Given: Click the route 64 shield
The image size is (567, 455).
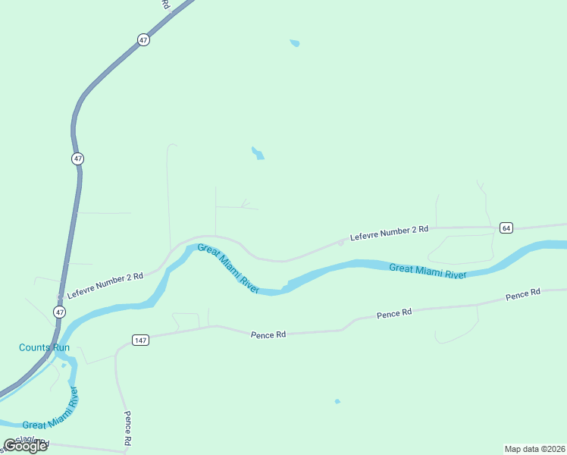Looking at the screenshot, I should coord(506,227).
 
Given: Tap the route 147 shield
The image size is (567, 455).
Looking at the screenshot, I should coord(140,340).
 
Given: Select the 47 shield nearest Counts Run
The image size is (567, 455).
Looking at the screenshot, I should coord(60,312).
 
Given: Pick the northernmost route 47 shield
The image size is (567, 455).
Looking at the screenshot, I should coord(143,40).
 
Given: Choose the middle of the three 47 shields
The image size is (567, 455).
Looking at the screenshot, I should coord(78,158).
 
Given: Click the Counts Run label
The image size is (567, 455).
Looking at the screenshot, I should coord(44,348).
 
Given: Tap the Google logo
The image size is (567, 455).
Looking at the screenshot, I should coord(25,446).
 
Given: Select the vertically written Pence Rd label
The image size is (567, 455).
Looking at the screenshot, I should coord(128,429).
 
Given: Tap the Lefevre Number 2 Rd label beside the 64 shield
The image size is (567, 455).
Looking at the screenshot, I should coord(390,233).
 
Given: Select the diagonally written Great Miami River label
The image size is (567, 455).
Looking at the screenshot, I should coord(228,268).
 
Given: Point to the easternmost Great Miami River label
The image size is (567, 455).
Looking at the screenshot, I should coord(428,271).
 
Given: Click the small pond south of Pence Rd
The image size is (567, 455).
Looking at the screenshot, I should coord(337,401).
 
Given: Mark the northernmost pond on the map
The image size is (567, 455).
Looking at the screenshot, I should coord(295,43).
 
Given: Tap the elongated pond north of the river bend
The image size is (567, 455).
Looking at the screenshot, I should coord(258,152).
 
